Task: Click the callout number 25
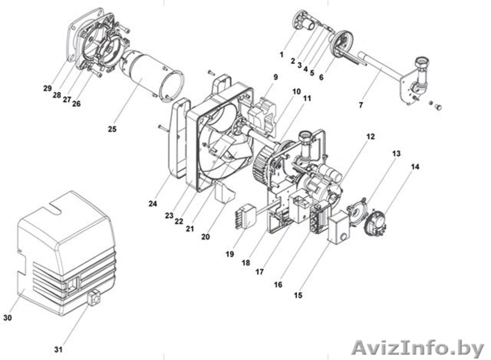(x=112, y=129)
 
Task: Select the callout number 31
(x=58, y=350)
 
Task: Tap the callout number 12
(x=371, y=136)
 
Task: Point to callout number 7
(x=361, y=105)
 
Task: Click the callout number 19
(x=230, y=254)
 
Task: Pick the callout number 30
(x=7, y=318)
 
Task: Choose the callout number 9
(x=276, y=77)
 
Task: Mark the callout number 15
(x=298, y=295)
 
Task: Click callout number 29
(x=47, y=88)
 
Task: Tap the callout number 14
(x=415, y=167)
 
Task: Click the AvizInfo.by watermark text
(x=418, y=348)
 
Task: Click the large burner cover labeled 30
(x=66, y=251)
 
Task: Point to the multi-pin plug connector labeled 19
(x=245, y=216)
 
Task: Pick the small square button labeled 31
(x=95, y=297)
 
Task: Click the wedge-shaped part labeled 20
(x=224, y=193)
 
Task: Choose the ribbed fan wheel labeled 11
(x=263, y=166)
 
